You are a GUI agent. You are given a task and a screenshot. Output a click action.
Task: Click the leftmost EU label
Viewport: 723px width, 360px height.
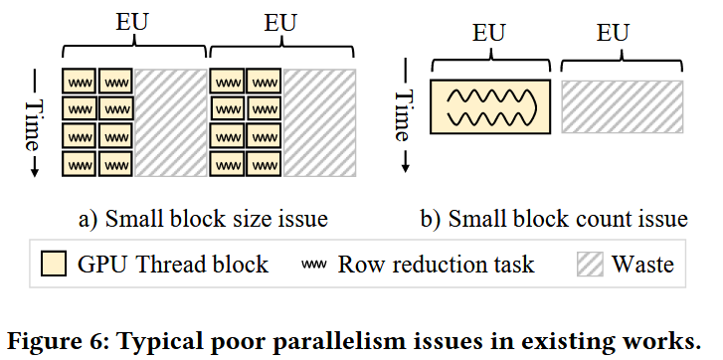(x=132, y=21)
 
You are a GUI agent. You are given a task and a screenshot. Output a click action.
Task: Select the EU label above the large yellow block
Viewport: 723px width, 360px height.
(x=489, y=35)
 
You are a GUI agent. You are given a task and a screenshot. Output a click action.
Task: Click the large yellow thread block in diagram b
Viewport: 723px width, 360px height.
(x=489, y=106)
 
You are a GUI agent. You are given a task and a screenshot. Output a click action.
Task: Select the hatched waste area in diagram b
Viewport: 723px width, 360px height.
(x=622, y=106)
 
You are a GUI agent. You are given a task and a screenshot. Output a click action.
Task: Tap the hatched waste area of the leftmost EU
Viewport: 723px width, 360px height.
(x=171, y=122)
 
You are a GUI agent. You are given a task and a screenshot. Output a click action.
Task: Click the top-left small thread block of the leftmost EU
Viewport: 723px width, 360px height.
(x=80, y=81)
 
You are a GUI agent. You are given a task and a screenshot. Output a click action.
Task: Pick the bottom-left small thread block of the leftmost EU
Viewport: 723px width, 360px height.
(x=80, y=163)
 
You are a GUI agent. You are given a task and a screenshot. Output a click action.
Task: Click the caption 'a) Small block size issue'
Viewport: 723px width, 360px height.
(x=203, y=218)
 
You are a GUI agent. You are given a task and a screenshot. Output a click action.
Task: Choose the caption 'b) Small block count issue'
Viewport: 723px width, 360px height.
(x=567, y=218)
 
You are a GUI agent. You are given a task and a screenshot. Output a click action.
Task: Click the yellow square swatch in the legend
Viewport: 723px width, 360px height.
(x=55, y=265)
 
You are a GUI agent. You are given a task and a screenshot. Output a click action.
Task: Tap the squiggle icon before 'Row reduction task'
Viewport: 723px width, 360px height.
(x=314, y=265)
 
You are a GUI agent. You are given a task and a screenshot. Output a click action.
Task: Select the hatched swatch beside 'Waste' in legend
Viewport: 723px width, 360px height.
(x=590, y=265)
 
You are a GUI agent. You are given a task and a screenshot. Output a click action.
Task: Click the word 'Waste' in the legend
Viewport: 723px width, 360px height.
(x=642, y=265)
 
